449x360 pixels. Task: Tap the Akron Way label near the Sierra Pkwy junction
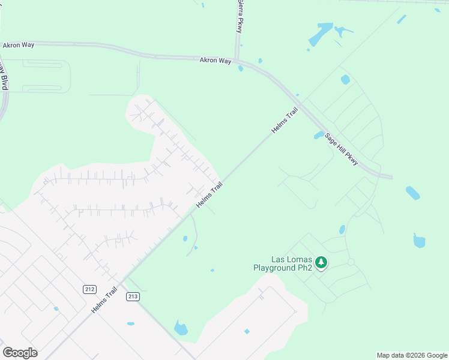click(x=215, y=61)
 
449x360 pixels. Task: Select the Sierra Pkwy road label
click(x=240, y=16)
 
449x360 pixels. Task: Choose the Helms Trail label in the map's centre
click(x=209, y=196)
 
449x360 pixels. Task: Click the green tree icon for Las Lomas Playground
click(x=321, y=262)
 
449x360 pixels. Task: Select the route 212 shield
click(x=89, y=289)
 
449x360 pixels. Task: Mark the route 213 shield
click(x=133, y=296)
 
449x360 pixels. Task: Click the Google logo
click(x=20, y=353)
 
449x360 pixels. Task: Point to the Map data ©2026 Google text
click(x=412, y=355)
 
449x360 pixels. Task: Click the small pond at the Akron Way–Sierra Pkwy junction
click(x=241, y=68)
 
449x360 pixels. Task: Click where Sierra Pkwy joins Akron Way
click(x=238, y=59)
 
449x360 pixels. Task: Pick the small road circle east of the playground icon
click(x=351, y=262)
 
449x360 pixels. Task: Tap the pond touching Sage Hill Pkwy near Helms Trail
click(x=319, y=135)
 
